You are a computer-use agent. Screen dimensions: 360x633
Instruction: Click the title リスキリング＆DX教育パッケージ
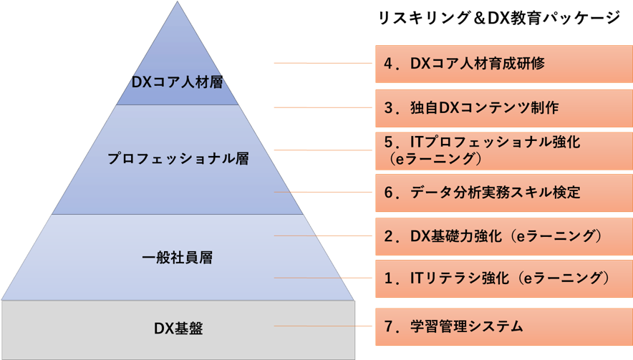pyautogui.click(x=498, y=19)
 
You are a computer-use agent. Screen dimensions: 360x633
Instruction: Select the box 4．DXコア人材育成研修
pyautogui.click(x=503, y=64)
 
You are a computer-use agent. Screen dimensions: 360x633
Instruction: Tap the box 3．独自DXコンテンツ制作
pyautogui.click(x=503, y=107)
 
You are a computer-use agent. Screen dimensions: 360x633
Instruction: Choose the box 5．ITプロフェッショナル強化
pyautogui.click(x=503, y=150)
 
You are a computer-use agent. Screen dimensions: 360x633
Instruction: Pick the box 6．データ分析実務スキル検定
pyautogui.click(x=503, y=193)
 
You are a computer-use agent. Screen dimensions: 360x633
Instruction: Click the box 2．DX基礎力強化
pyautogui.click(x=503, y=235)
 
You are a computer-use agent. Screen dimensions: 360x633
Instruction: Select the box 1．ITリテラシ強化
pyautogui.click(x=503, y=278)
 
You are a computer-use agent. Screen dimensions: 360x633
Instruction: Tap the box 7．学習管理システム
pyautogui.click(x=503, y=326)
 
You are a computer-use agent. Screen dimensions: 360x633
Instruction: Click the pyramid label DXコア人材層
pyautogui.click(x=178, y=81)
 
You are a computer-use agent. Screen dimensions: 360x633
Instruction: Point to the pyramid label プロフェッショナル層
pyautogui.click(x=178, y=159)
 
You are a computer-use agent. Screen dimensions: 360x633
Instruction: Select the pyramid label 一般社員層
pyautogui.click(x=178, y=258)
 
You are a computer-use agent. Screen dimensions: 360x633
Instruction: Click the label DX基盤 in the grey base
pyautogui.click(x=178, y=329)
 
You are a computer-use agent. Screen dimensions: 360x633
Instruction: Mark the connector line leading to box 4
pyautogui.click(x=322, y=64)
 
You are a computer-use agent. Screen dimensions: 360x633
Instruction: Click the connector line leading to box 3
pyautogui.click(x=322, y=107)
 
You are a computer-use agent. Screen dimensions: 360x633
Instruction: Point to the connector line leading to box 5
pyautogui.click(x=322, y=150)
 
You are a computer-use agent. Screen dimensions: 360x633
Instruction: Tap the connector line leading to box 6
pyautogui.click(x=322, y=193)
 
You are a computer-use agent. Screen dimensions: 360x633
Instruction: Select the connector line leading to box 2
pyautogui.click(x=322, y=235)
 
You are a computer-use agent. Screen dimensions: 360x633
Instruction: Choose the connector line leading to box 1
pyautogui.click(x=322, y=278)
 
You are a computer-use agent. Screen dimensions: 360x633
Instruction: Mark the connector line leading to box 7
pyautogui.click(x=322, y=326)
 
